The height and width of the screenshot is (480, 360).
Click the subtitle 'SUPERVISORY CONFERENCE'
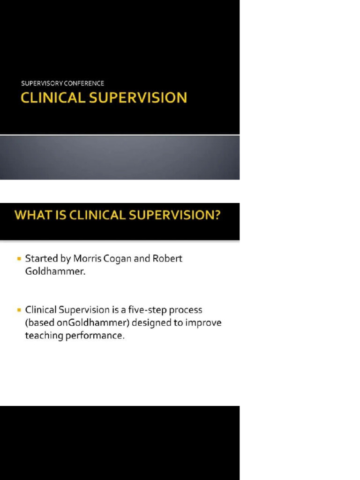pos(62,83)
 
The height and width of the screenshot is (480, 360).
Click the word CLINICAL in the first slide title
pos(53,97)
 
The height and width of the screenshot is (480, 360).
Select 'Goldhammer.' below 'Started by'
pos(56,272)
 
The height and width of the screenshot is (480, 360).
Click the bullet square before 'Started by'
pos(19,258)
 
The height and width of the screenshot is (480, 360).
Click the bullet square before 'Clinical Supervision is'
pos(19,310)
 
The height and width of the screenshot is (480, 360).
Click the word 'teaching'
pos(44,337)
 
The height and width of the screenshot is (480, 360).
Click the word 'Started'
pos(41,258)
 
